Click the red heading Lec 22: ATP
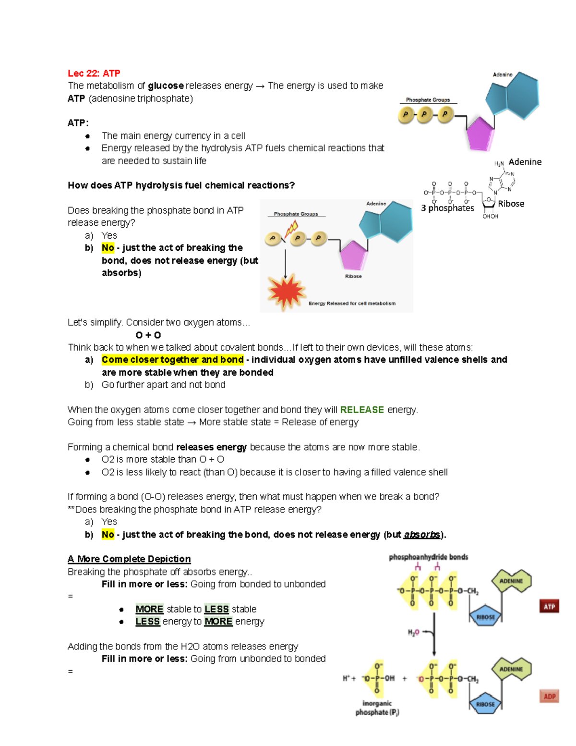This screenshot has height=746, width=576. click(94, 73)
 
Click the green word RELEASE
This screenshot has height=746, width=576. click(362, 410)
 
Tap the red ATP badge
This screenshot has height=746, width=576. click(549, 607)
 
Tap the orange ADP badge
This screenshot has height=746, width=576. click(549, 696)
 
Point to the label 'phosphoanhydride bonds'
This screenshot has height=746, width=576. click(428, 557)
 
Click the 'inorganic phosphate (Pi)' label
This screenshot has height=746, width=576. click(377, 708)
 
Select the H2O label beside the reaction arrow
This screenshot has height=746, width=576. click(413, 633)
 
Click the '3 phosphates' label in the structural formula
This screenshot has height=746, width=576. click(447, 208)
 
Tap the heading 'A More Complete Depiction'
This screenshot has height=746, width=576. click(129, 559)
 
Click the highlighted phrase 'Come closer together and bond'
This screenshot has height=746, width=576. click(172, 360)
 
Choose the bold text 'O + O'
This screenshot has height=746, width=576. click(148, 335)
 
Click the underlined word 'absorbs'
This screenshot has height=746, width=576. click(422, 535)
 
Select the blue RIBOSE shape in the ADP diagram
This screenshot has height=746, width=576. click(485, 704)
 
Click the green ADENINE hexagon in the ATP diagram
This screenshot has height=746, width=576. click(511, 581)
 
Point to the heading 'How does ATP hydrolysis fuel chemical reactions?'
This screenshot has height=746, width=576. click(181, 185)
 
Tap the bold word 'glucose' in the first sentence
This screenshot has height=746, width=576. click(166, 86)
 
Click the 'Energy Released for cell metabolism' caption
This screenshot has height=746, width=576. click(352, 304)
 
